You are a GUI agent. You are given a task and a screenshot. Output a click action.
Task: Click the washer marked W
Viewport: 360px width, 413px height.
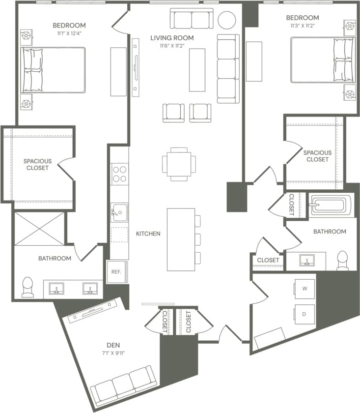(x=305, y=289)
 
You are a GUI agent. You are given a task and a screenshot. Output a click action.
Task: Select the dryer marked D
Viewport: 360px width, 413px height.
(x=305, y=313)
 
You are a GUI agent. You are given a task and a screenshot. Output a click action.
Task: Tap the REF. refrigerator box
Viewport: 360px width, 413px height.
(x=116, y=271)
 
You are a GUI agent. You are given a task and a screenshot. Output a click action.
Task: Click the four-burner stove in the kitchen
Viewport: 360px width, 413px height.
(x=119, y=174)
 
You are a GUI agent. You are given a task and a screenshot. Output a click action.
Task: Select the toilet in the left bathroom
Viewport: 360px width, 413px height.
(x=28, y=287)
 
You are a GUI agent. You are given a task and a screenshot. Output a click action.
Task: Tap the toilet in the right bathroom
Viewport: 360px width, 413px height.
(x=342, y=260)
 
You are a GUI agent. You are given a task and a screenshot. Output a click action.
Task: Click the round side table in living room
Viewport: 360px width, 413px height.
(x=227, y=20)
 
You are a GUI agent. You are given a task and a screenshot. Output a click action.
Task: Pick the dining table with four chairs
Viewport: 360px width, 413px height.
(x=179, y=164)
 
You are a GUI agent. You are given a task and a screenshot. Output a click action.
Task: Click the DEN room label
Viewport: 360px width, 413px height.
(x=113, y=345)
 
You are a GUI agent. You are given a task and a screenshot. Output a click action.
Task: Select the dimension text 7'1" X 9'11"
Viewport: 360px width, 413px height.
(x=113, y=353)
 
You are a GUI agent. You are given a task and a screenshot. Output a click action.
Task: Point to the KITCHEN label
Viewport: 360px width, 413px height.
(x=148, y=234)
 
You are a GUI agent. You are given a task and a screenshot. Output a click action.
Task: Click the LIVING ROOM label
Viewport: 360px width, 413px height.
(x=172, y=37)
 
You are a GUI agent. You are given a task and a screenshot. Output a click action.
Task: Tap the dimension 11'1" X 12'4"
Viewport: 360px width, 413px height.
(x=69, y=33)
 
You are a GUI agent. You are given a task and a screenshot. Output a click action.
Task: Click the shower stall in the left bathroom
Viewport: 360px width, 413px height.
(x=39, y=229)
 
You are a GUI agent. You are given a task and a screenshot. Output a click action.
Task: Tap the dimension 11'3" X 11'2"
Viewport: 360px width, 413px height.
(x=303, y=27)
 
